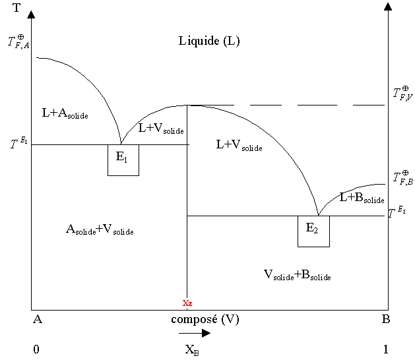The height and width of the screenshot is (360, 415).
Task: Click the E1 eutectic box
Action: [x=123, y=160]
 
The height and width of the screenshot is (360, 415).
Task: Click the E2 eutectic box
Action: [x=313, y=231]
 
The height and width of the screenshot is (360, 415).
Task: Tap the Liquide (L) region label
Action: [x=209, y=41]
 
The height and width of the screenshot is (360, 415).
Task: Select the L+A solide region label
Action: [x=65, y=113]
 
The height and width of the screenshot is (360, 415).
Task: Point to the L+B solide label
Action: [x=362, y=197]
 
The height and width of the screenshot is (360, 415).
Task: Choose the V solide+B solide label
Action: [x=297, y=275]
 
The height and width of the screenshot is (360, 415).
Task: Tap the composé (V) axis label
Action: [x=205, y=320]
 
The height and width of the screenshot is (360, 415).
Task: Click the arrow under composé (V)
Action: [x=195, y=334]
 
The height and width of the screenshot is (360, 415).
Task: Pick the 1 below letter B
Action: [x=387, y=349]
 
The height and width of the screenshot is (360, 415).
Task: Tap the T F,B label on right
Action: [x=402, y=177]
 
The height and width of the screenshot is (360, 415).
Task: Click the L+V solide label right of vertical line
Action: [x=239, y=146]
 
